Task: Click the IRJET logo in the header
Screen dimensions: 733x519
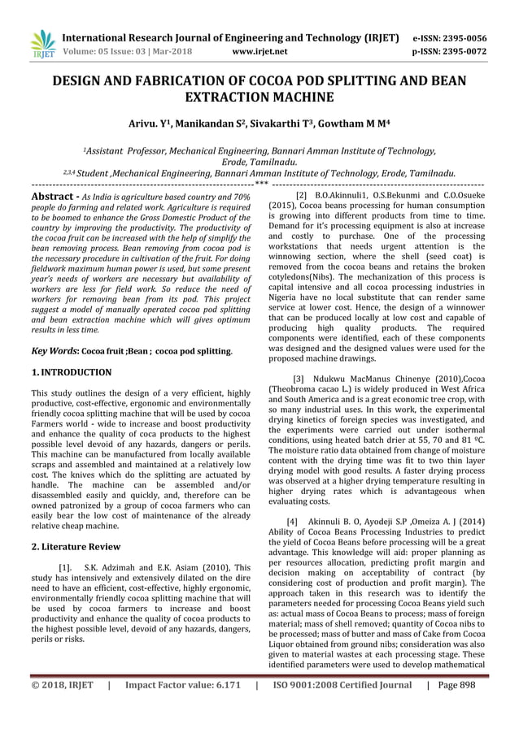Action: (x=41, y=44)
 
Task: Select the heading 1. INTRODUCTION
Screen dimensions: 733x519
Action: (x=72, y=373)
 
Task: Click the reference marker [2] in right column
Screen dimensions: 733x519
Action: (x=302, y=197)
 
